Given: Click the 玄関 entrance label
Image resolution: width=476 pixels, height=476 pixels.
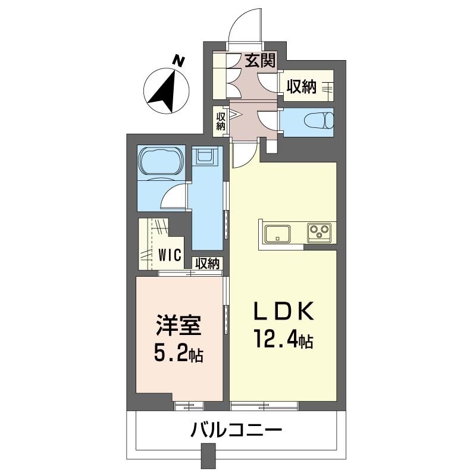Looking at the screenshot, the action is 260,60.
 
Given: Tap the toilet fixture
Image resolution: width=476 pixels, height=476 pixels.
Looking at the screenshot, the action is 319,120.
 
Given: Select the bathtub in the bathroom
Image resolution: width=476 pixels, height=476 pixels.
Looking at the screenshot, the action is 161,161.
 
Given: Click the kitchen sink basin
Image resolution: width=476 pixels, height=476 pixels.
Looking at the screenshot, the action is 277,233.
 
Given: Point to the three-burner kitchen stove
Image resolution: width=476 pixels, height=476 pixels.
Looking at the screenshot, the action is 320,233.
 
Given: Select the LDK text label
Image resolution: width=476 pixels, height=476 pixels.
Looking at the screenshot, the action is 284,311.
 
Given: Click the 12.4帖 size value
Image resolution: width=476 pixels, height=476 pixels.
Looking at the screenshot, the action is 284,339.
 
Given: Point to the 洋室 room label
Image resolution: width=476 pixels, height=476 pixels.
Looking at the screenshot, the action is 178,325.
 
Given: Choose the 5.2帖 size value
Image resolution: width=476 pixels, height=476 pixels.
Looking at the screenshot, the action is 178,353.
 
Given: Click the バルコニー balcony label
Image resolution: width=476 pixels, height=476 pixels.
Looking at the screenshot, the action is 236,430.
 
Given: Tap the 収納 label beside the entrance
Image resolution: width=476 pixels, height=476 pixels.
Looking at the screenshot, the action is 302,87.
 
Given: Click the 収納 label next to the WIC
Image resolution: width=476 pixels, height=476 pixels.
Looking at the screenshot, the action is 207,264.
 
